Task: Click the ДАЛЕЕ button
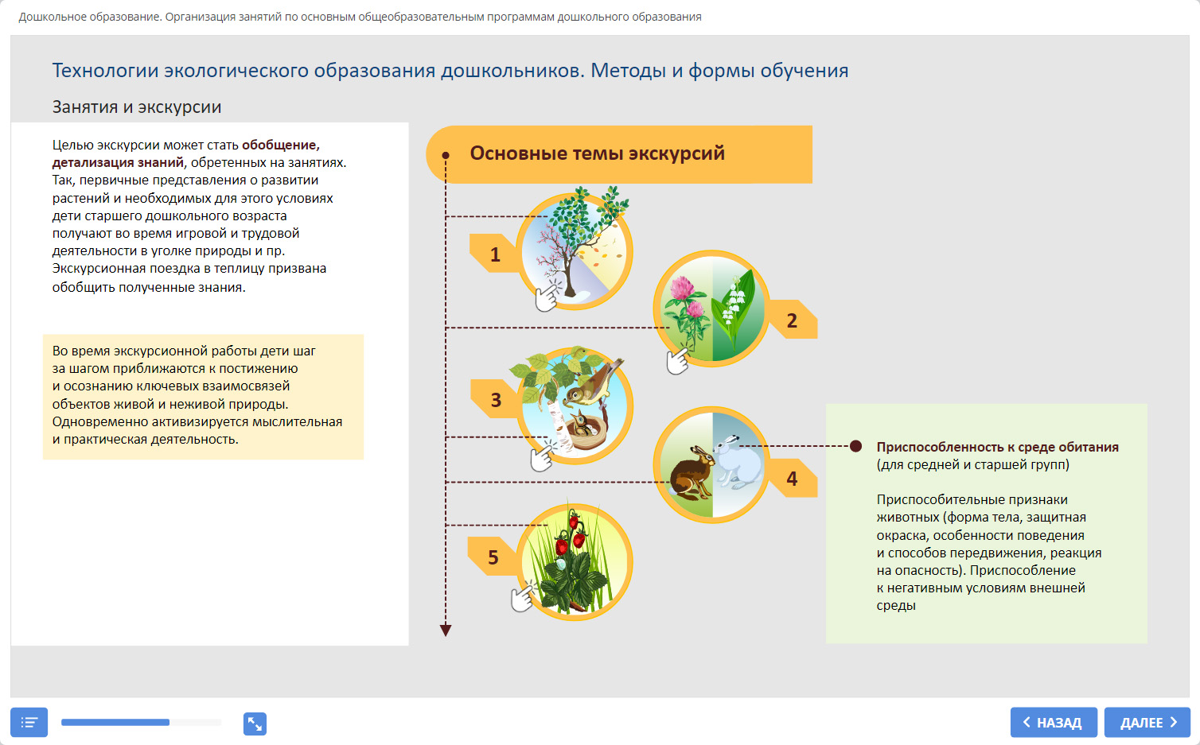(x=1147, y=723)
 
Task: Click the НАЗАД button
(x=1054, y=723)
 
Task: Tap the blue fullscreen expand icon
(x=255, y=724)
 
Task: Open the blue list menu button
(x=29, y=723)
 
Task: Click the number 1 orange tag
(x=494, y=254)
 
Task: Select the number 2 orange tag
(x=792, y=320)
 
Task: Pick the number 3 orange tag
(x=495, y=400)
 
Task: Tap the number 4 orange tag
(x=792, y=479)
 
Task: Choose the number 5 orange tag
(x=493, y=557)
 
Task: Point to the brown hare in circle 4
(x=691, y=473)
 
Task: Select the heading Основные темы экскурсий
(x=597, y=153)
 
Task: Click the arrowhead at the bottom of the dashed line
(x=446, y=631)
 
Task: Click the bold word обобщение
(x=280, y=145)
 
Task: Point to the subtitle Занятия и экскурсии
(x=137, y=107)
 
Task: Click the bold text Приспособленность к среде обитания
(x=997, y=447)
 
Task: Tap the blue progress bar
(x=115, y=723)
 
